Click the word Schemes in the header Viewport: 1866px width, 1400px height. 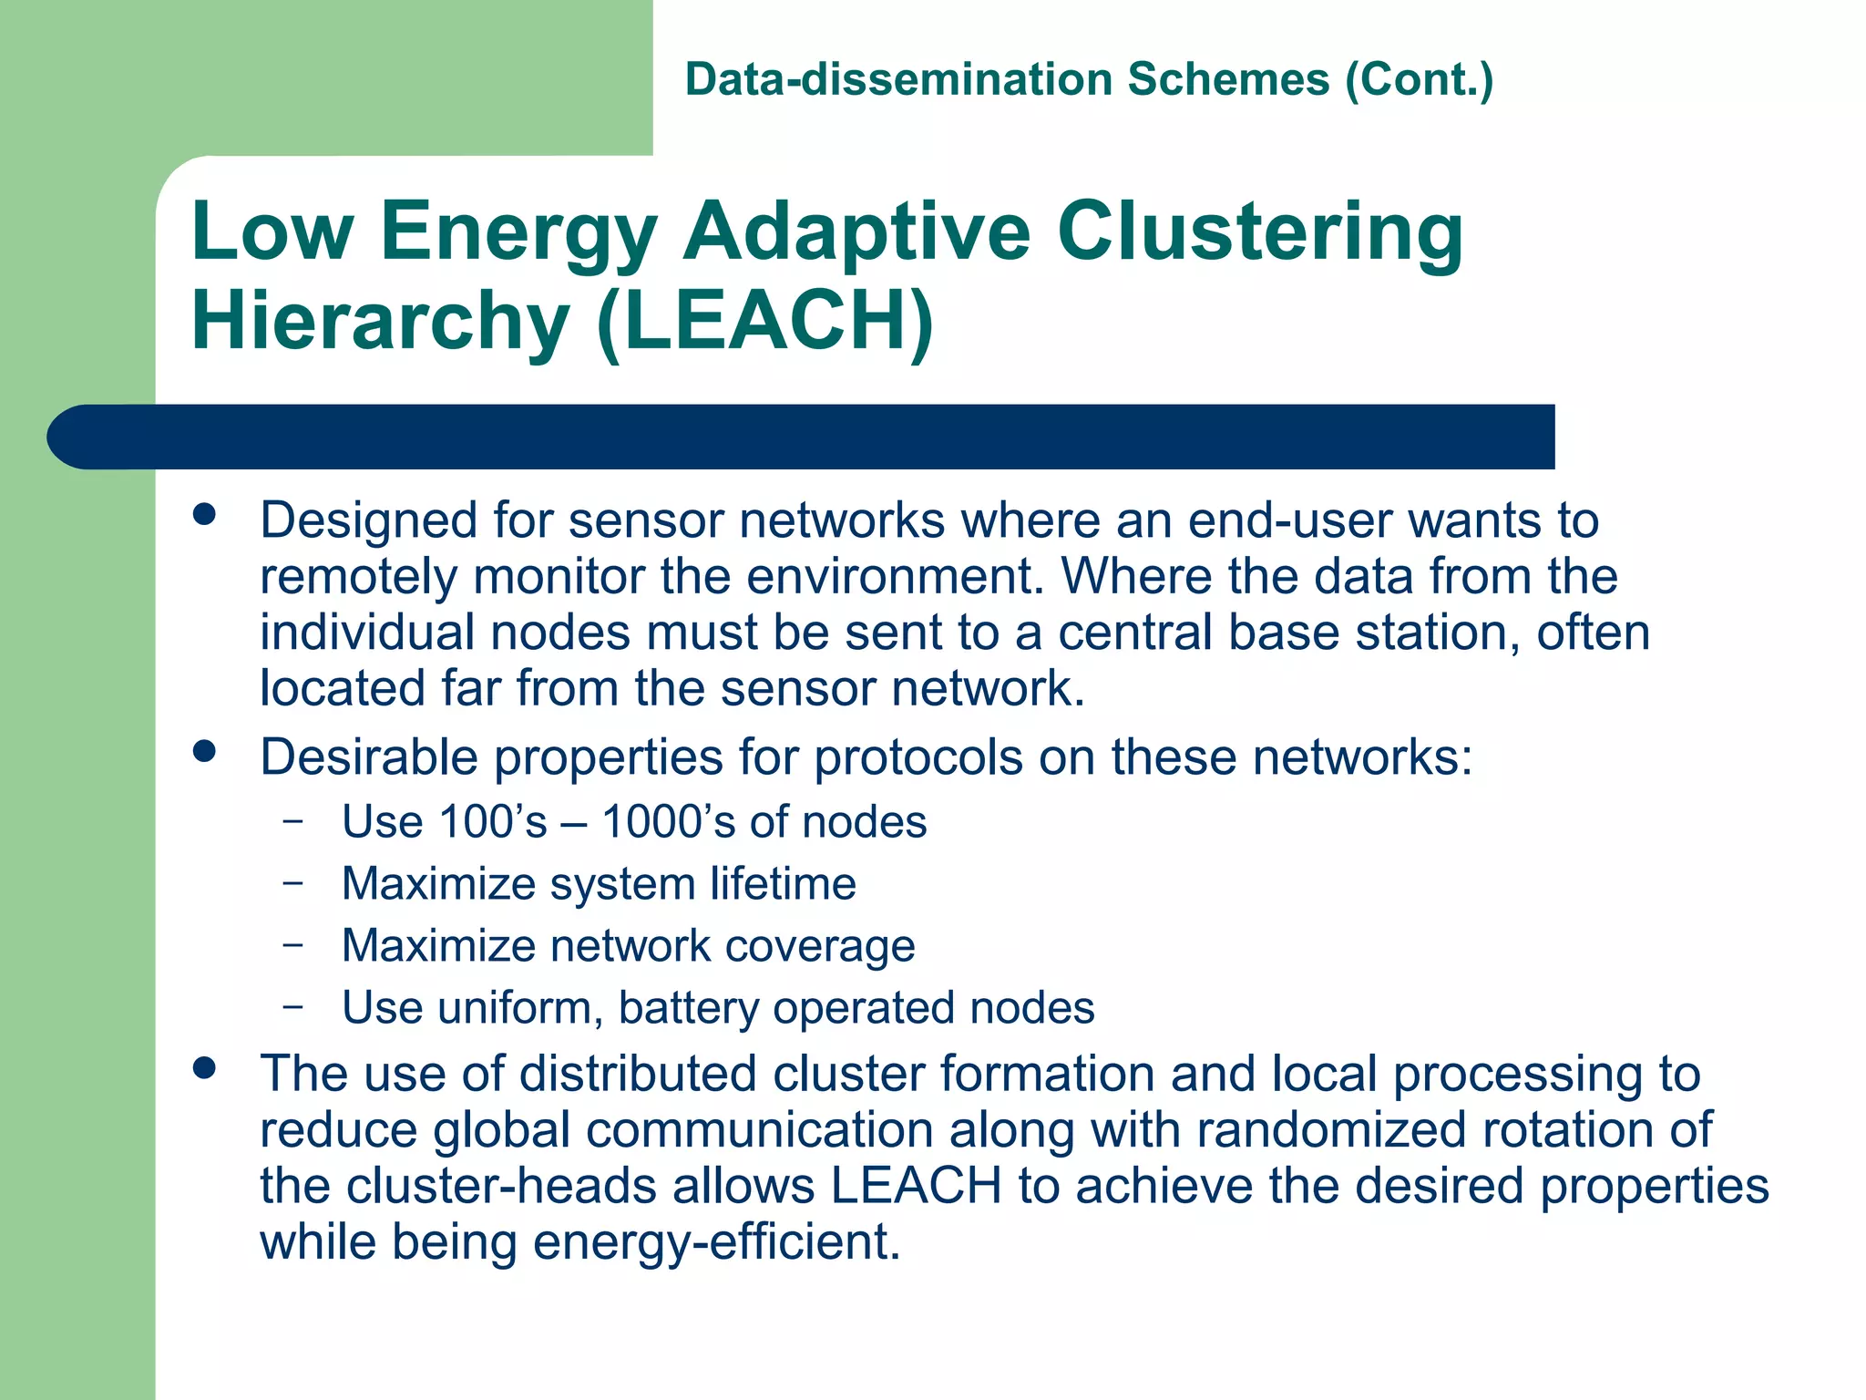1228,80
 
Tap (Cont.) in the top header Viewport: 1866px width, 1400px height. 1420,80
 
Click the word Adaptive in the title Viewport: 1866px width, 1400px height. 856,232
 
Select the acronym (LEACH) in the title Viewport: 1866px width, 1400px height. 765,321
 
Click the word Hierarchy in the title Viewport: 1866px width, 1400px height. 380,321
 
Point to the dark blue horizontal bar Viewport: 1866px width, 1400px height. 802,437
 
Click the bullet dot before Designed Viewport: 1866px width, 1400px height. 205,515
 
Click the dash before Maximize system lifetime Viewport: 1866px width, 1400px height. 292,882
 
